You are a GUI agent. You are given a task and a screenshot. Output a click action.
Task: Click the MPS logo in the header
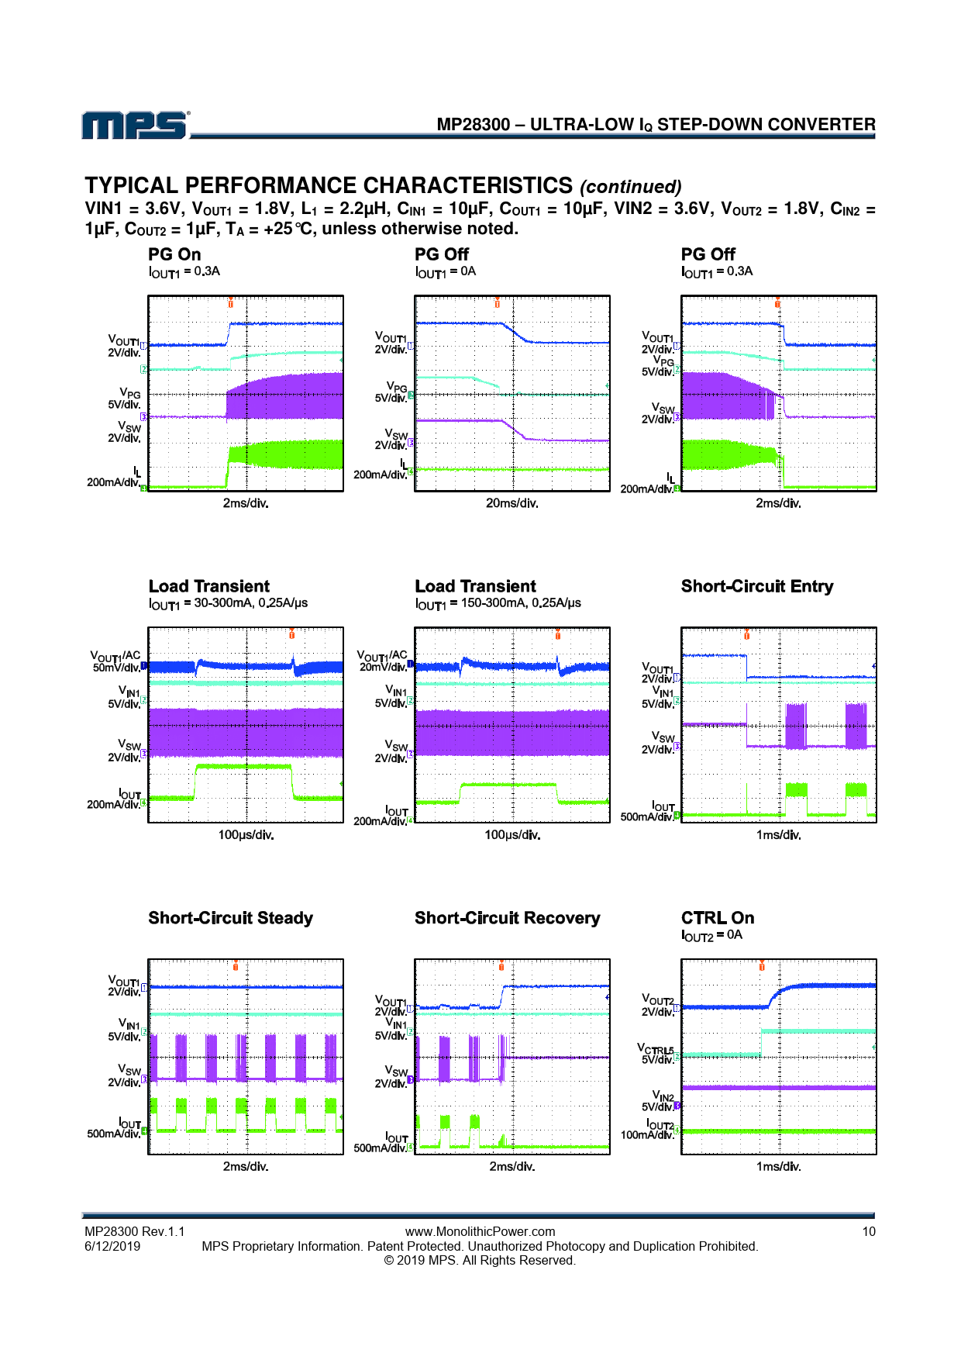point(135,125)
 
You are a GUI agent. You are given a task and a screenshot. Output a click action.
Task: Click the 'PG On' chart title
point(174,254)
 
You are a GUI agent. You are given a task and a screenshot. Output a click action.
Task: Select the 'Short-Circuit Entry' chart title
point(756,586)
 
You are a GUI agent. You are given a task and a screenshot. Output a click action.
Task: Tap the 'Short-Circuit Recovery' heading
point(507,918)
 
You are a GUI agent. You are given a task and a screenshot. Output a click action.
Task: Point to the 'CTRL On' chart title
point(717,918)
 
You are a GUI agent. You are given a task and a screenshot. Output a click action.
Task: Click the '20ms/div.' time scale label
point(511,503)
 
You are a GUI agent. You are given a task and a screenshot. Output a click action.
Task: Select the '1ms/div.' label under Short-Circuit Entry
point(778,835)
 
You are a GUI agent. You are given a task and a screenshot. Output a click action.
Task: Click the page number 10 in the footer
point(869,1231)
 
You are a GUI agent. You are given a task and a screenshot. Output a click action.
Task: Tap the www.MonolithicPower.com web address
point(480,1231)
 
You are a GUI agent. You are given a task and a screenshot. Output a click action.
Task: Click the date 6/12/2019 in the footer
point(112,1246)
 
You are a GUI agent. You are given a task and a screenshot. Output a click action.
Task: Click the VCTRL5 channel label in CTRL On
point(656,1049)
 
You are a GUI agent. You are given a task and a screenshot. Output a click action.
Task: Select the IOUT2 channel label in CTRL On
point(660,1124)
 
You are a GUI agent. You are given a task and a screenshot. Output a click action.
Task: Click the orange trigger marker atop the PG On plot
point(230,302)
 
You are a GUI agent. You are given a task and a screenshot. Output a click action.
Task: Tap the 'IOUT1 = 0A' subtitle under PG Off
point(446,271)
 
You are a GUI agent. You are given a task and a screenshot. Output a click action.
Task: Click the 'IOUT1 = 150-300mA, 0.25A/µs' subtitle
point(498,603)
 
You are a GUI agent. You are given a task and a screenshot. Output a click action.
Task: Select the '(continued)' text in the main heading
point(630,187)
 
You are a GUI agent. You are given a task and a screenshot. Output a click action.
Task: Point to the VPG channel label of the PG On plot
point(129,393)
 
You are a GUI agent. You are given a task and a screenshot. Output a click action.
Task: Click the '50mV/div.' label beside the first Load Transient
point(116,668)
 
